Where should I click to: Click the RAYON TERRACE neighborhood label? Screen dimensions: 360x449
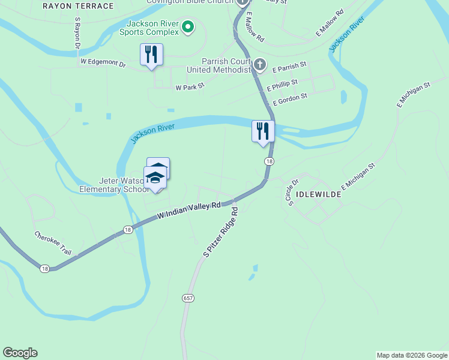point(78,6)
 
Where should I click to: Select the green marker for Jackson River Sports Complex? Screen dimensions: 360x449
point(188,26)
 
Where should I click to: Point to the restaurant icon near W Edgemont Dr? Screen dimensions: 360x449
point(151,55)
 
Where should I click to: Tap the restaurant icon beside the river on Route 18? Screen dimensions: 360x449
point(263,131)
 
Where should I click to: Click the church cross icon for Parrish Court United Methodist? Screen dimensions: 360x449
point(259,64)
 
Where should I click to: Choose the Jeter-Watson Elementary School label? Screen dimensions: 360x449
point(114,185)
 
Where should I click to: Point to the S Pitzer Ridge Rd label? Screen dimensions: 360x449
point(221,233)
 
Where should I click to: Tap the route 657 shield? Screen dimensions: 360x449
point(188,298)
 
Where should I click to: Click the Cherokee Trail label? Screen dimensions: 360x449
point(53,243)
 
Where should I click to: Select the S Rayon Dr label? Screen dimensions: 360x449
point(77,33)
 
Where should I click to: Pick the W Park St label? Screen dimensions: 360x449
point(190,88)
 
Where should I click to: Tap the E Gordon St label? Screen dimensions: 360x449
point(290,99)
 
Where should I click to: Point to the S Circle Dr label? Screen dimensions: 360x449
point(293,192)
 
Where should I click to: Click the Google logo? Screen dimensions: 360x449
point(20,353)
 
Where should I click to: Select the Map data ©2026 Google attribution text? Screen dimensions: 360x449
point(412,355)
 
